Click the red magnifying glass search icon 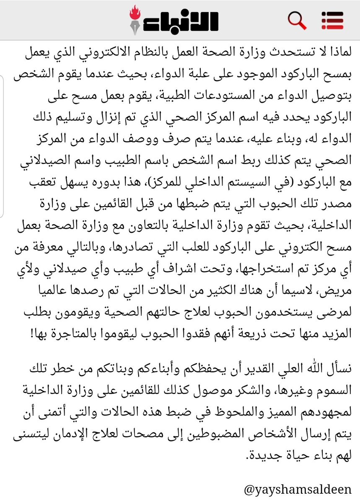297,20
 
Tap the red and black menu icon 332,20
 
